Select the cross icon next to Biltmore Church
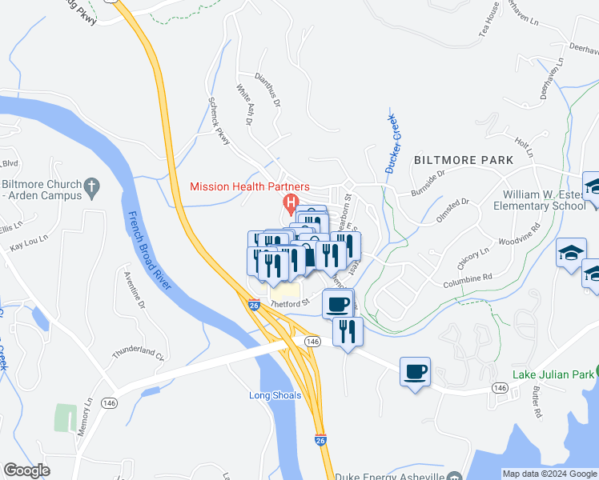[92, 188]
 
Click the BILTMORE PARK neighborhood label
[464, 160]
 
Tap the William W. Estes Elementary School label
[544, 200]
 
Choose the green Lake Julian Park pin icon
[592, 374]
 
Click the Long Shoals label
[275, 395]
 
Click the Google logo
[26, 471]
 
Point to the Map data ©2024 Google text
[549, 474]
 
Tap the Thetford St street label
[289, 303]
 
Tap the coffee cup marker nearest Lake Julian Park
[415, 372]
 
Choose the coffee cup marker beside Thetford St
[338, 304]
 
